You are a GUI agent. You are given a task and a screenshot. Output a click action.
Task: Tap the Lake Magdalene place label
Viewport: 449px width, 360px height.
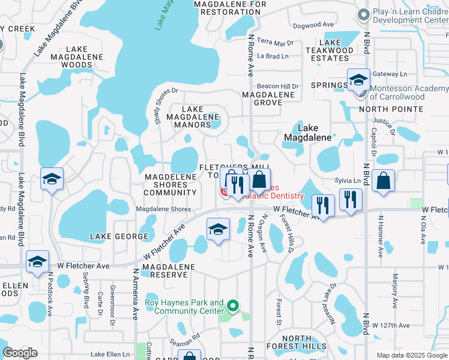tap(308, 133)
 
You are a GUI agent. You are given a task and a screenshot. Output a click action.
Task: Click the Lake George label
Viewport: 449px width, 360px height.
tap(115, 237)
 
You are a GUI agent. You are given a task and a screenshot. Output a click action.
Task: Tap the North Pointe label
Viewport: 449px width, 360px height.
tap(391, 109)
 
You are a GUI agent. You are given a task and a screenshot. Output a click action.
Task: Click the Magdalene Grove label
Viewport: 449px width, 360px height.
tap(269, 98)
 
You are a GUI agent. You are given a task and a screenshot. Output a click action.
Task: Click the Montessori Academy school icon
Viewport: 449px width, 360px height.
tap(358, 80)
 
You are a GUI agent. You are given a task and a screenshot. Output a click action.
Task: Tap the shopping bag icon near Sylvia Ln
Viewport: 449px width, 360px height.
tap(383, 181)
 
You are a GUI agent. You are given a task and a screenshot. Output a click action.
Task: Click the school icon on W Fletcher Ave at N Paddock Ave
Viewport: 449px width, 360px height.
tap(37, 262)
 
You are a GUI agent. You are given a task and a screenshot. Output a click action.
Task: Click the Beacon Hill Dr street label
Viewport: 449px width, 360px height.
tap(278, 86)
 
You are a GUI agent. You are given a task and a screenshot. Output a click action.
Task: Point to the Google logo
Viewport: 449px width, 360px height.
tap(20, 353)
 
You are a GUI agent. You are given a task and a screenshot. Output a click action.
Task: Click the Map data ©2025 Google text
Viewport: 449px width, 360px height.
tap(411, 355)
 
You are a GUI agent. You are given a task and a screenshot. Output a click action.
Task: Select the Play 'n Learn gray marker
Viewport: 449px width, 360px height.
tap(363, 15)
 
